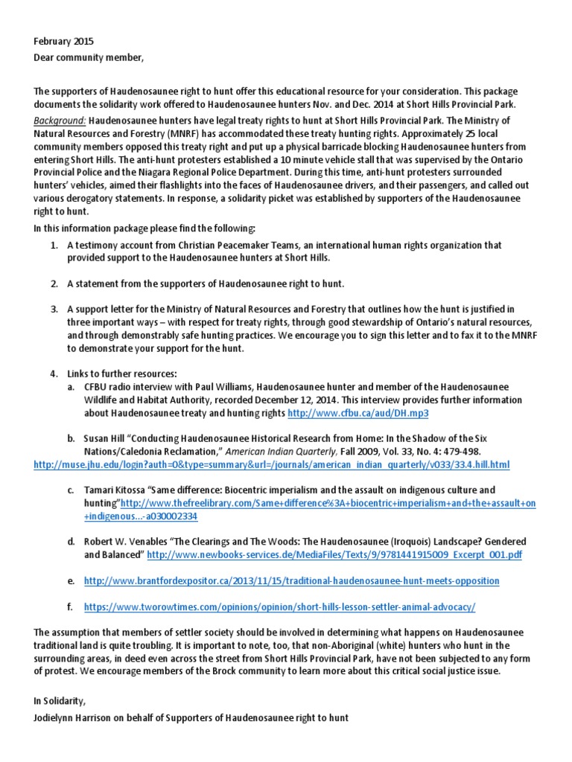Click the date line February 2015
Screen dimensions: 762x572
click(63, 42)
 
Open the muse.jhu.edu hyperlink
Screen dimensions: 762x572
click(272, 464)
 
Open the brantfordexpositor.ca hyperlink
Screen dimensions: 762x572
click(292, 580)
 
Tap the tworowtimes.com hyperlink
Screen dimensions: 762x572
click(279, 606)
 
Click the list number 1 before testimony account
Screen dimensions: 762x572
click(54, 245)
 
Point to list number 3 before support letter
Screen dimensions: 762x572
click(54, 309)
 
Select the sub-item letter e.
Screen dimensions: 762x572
click(70, 580)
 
